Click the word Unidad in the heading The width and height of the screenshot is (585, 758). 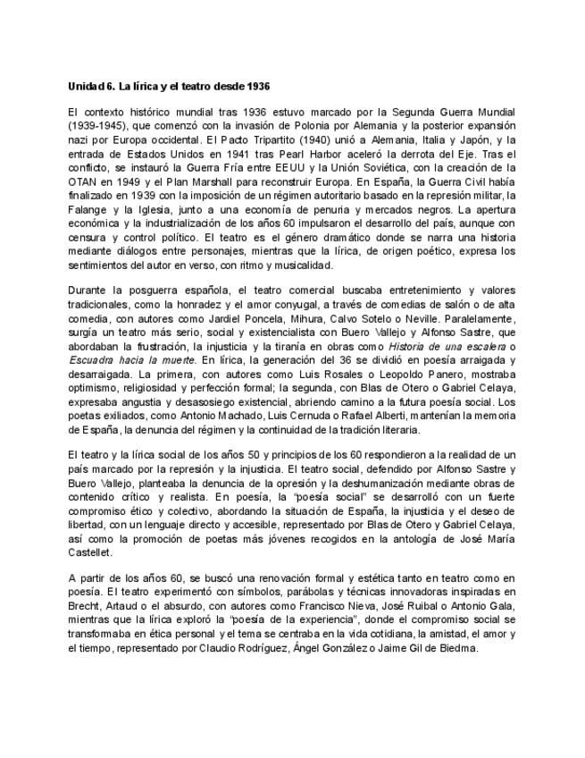click(85, 86)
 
